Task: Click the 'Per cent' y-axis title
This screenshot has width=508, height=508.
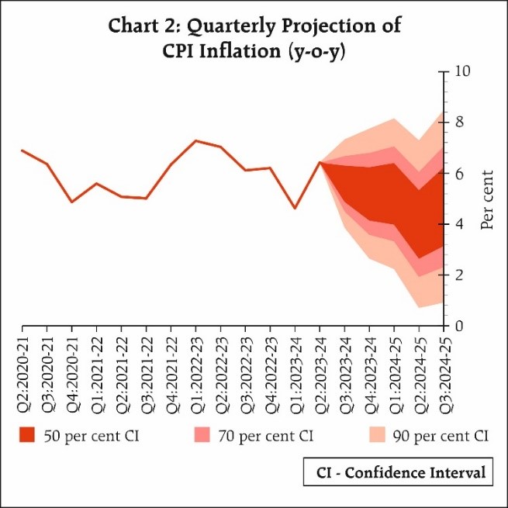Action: pos(486,199)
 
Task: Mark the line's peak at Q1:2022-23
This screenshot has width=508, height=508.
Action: pos(195,141)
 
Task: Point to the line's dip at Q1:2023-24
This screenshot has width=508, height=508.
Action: pos(295,208)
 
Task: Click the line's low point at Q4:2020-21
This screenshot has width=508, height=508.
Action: pos(71,202)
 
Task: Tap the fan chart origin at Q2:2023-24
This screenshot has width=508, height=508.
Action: pos(320,162)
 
